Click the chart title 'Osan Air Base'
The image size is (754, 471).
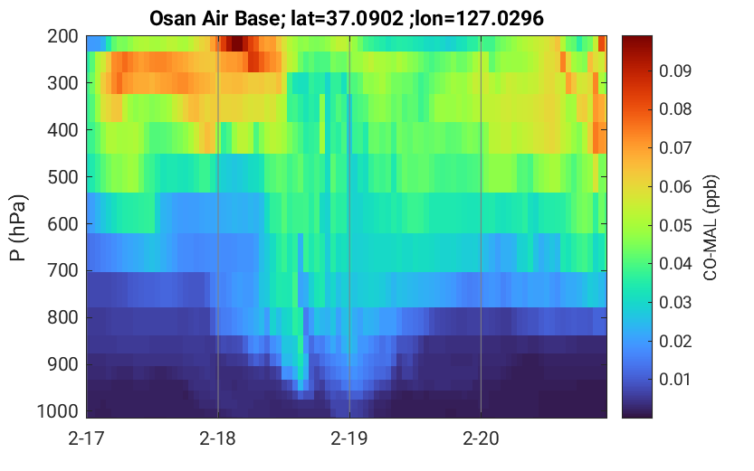[214, 19]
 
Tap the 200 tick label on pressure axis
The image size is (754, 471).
[62, 36]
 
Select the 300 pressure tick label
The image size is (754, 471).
[62, 83]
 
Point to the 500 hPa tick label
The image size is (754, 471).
[62, 177]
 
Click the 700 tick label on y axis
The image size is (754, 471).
[62, 271]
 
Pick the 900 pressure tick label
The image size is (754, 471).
[62, 365]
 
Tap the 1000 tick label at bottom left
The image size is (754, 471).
[58, 411]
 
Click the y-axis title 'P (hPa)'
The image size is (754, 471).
[18, 228]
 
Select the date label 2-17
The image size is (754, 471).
[86, 438]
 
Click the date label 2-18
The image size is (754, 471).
[218, 438]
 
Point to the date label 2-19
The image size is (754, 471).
[349, 438]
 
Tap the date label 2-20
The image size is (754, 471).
[481, 438]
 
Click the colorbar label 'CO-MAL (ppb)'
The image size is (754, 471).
[711, 228]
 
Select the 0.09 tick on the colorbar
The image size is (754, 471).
[675, 71]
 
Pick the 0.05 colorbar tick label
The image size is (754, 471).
[675, 226]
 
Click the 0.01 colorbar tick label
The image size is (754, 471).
[675, 380]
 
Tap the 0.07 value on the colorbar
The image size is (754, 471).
[675, 148]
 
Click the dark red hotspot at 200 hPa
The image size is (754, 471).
[236, 43]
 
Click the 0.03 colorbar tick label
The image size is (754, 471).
[675, 303]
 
